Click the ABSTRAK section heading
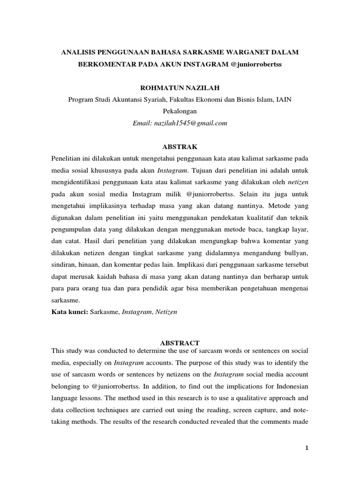(x=180, y=147)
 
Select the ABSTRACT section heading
(x=180, y=343)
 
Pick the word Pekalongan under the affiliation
(x=180, y=112)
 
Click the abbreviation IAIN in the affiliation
(x=286, y=99)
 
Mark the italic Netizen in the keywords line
(x=168, y=312)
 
